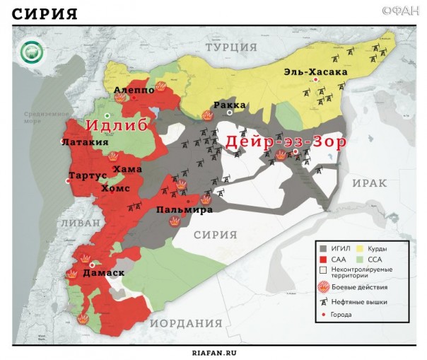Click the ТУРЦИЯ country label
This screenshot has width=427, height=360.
click(x=231, y=46)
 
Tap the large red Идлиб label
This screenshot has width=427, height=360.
click(x=117, y=125)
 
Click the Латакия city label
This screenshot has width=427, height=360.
click(x=85, y=141)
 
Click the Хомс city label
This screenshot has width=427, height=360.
click(x=115, y=188)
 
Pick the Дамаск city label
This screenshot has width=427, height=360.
click(x=103, y=272)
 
